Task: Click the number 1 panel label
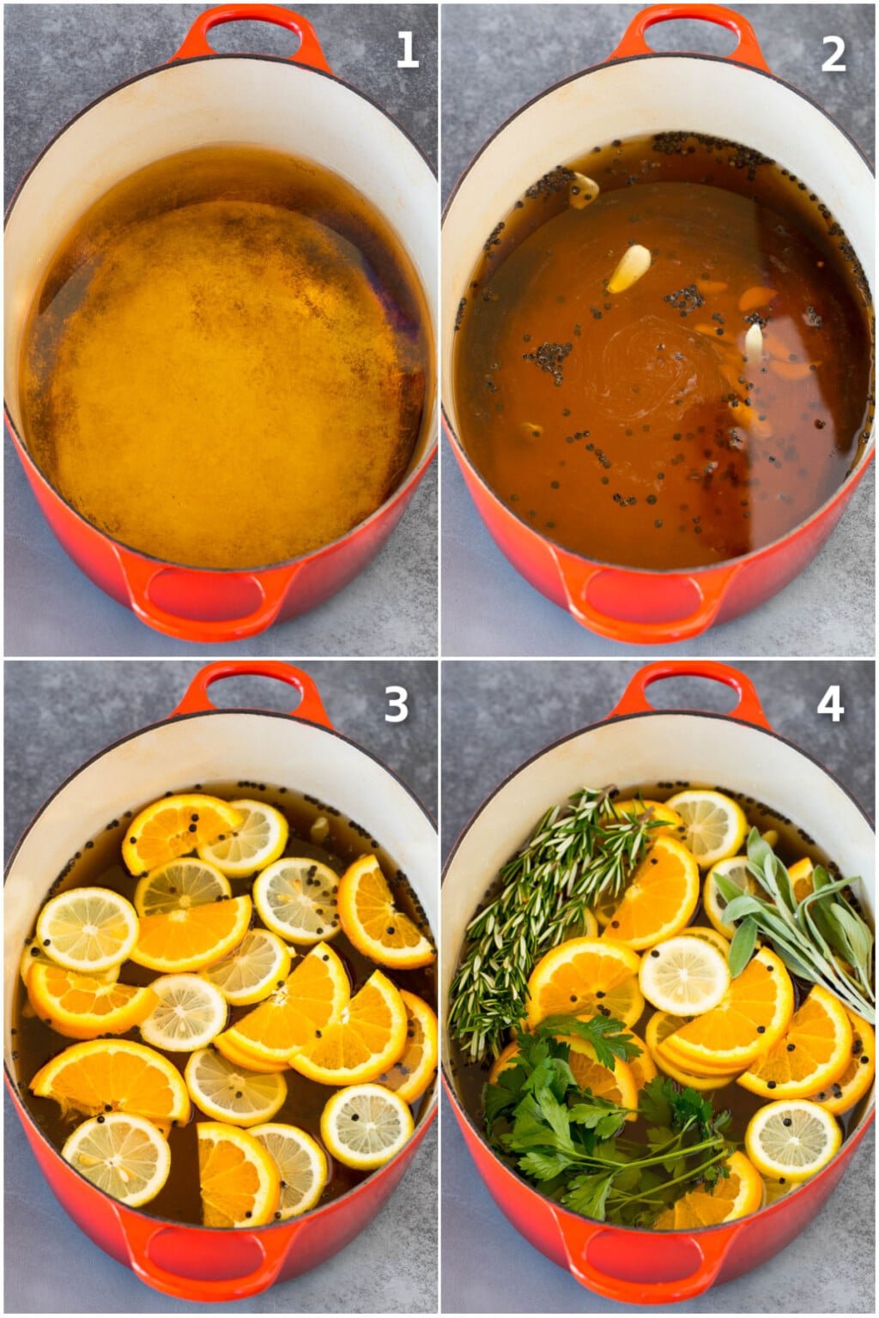click(408, 51)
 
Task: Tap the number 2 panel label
click(833, 53)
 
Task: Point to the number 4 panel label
click(830, 704)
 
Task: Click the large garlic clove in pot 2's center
click(630, 268)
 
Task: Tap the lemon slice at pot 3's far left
click(88, 928)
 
